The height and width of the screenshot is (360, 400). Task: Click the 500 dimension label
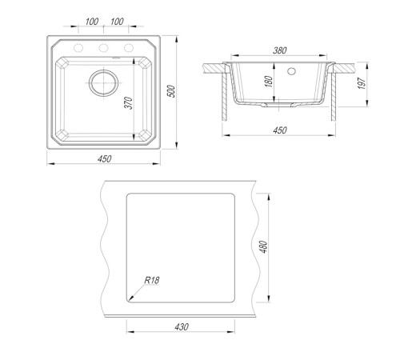(x=172, y=91)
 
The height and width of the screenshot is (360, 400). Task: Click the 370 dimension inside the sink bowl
(x=129, y=103)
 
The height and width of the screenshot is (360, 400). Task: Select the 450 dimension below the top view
(x=104, y=159)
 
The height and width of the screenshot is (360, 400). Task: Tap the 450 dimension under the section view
(x=280, y=130)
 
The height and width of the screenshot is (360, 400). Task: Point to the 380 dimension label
(x=279, y=50)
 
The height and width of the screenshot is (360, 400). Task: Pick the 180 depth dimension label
(x=270, y=82)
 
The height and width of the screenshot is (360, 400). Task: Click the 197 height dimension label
(x=361, y=83)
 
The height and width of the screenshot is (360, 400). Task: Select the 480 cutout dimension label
(x=263, y=247)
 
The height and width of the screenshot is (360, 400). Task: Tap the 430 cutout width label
(x=182, y=326)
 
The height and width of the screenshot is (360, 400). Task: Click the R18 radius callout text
(x=152, y=280)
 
